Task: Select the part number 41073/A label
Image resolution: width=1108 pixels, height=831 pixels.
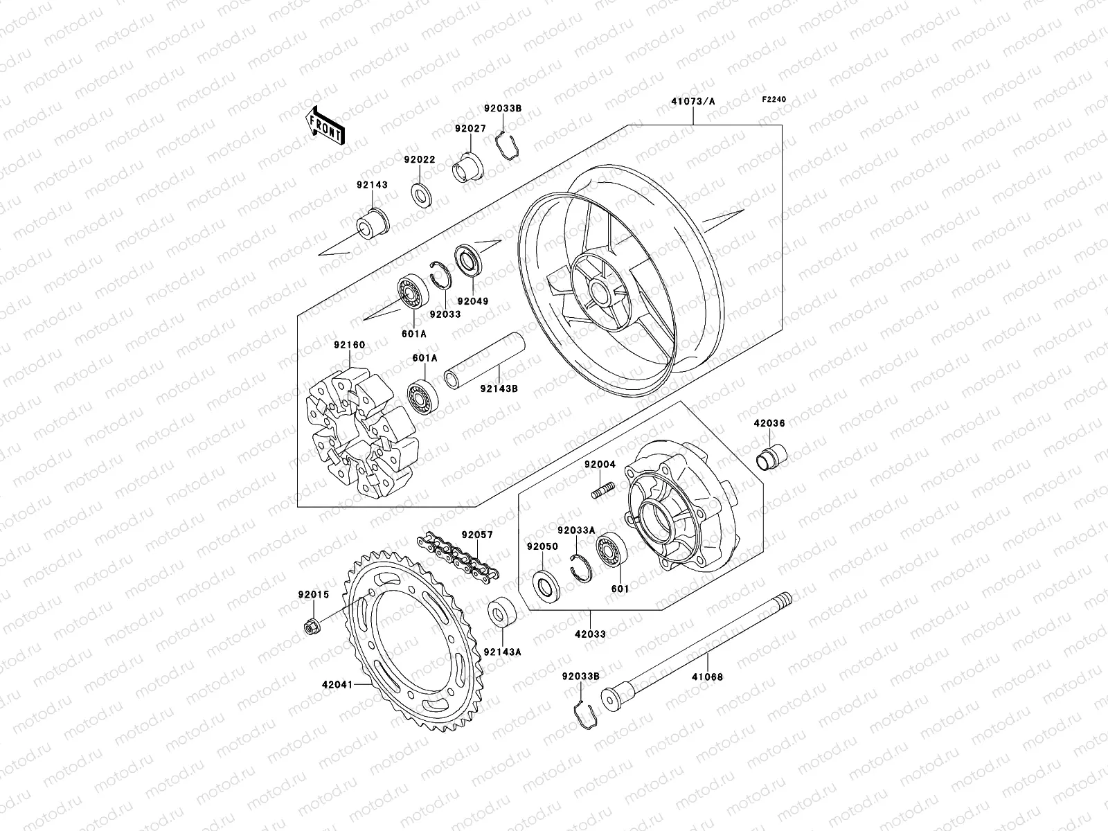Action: click(692, 101)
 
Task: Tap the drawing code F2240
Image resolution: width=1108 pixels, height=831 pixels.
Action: click(775, 99)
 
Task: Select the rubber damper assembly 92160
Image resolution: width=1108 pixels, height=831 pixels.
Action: click(360, 434)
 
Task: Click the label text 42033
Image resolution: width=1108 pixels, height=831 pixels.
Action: click(590, 632)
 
